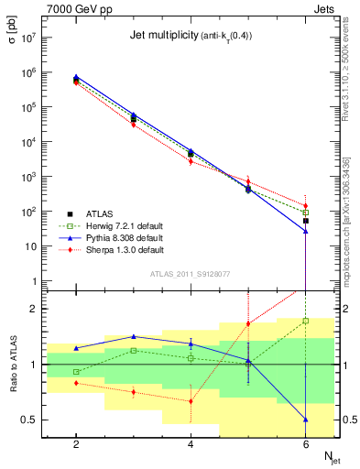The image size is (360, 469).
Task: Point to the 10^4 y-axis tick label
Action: (26, 142)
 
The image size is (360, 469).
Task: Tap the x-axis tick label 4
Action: (191, 443)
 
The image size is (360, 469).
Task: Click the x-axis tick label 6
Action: (305, 443)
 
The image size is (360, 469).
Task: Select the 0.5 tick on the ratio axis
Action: (27, 420)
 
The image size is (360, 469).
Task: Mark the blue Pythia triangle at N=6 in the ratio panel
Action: (305, 420)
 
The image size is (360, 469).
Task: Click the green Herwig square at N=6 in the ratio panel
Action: (305, 321)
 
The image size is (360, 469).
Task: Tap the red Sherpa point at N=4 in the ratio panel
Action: (191, 400)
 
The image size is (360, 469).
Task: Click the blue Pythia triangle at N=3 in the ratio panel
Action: (133, 336)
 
